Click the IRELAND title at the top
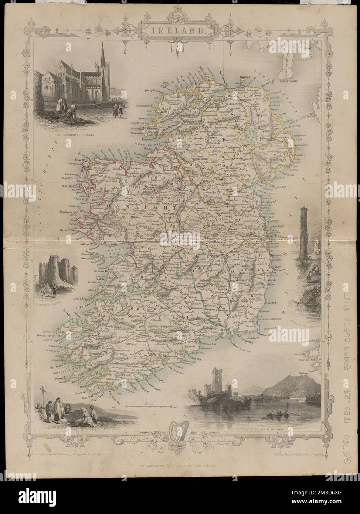point(180,31)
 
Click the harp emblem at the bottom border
point(180,435)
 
